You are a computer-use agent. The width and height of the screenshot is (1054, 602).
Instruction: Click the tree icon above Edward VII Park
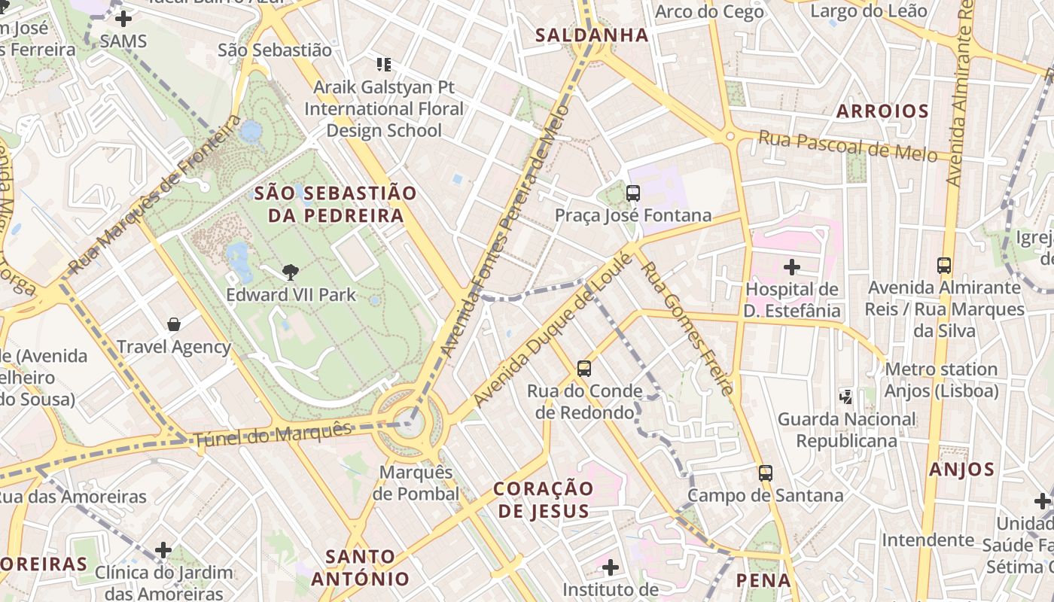point(290,272)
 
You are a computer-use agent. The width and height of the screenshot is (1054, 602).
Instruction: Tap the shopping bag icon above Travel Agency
point(174,324)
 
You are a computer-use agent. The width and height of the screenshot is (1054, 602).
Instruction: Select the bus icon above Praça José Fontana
point(633,193)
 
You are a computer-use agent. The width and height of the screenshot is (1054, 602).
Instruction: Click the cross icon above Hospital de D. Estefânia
point(791,266)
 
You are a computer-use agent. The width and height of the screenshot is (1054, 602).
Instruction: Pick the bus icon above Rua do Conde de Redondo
point(584,369)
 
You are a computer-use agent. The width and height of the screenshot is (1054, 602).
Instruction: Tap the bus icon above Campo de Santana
point(766,473)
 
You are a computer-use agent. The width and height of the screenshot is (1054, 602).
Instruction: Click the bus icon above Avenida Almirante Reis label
point(944,265)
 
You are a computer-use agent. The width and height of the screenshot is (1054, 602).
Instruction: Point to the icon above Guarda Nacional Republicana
point(846,396)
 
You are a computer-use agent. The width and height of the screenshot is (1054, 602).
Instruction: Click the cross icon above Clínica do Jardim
point(163,550)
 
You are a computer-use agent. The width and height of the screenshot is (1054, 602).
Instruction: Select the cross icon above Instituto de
point(611,566)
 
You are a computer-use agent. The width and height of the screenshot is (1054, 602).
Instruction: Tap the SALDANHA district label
point(592,35)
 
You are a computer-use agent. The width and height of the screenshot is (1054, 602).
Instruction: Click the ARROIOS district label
point(882,111)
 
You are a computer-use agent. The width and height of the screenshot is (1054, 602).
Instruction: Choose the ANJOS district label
point(961,470)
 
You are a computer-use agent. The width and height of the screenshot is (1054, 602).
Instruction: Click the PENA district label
point(763,580)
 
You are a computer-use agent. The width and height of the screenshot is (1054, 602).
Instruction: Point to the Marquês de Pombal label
point(416,483)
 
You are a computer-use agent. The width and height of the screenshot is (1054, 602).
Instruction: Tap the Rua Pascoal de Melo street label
point(848,146)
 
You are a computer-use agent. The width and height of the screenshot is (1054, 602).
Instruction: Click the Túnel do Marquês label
point(273,435)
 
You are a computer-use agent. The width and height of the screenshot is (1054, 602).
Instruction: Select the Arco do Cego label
point(709,11)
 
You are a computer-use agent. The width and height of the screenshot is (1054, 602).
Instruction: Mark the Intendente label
point(928,540)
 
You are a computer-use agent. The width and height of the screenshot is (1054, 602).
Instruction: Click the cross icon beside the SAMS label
point(123,19)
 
